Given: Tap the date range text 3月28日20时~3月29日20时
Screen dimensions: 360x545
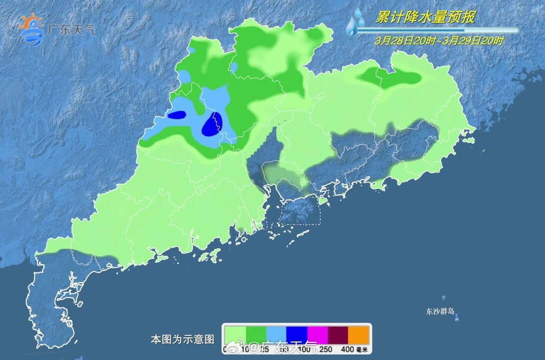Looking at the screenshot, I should (x=439, y=41).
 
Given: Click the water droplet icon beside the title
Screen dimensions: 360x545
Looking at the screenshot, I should (x=356, y=22).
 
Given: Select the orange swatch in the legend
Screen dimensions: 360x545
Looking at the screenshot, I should (x=358, y=334).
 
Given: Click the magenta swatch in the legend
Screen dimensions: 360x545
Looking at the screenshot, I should (x=317, y=334).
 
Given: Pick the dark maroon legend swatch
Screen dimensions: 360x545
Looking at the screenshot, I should (x=337, y=334).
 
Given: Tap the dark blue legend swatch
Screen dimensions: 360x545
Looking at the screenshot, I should (x=296, y=334).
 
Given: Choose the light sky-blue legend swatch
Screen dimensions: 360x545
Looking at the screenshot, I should (x=276, y=334).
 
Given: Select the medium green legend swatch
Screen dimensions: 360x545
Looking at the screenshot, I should (x=255, y=334).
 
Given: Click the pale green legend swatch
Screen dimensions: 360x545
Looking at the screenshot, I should (x=235, y=334).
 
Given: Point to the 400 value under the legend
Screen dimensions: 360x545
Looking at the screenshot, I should (x=348, y=349).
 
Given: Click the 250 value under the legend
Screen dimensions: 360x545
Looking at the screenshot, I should (x=327, y=349).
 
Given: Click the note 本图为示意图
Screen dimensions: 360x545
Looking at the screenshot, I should (x=182, y=339).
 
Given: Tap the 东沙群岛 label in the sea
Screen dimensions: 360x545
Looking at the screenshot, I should (x=440, y=311).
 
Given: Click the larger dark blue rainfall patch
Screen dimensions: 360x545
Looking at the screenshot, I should (x=212, y=125).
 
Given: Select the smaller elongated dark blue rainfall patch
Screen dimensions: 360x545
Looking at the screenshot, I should (x=176, y=115).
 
